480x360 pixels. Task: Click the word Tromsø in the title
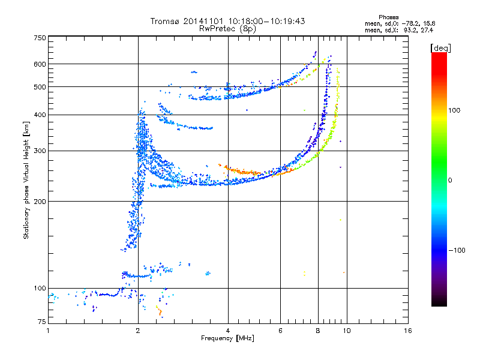165,21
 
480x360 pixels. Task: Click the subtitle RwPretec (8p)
227,29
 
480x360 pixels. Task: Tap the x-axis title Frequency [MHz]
227,338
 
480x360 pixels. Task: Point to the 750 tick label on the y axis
40,38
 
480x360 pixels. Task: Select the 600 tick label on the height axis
40,64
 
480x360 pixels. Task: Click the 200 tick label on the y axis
40,202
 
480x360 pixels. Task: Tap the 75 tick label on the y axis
42,322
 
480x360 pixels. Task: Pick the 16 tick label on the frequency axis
407,331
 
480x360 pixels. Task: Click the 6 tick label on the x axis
280,331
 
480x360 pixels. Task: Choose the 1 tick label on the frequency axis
48,331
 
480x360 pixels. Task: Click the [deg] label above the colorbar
440,49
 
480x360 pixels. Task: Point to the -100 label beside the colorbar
457,250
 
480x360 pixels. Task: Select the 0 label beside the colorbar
450,181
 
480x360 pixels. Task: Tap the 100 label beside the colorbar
454,110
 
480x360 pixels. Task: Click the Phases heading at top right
388,17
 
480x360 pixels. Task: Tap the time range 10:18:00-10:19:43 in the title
266,21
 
